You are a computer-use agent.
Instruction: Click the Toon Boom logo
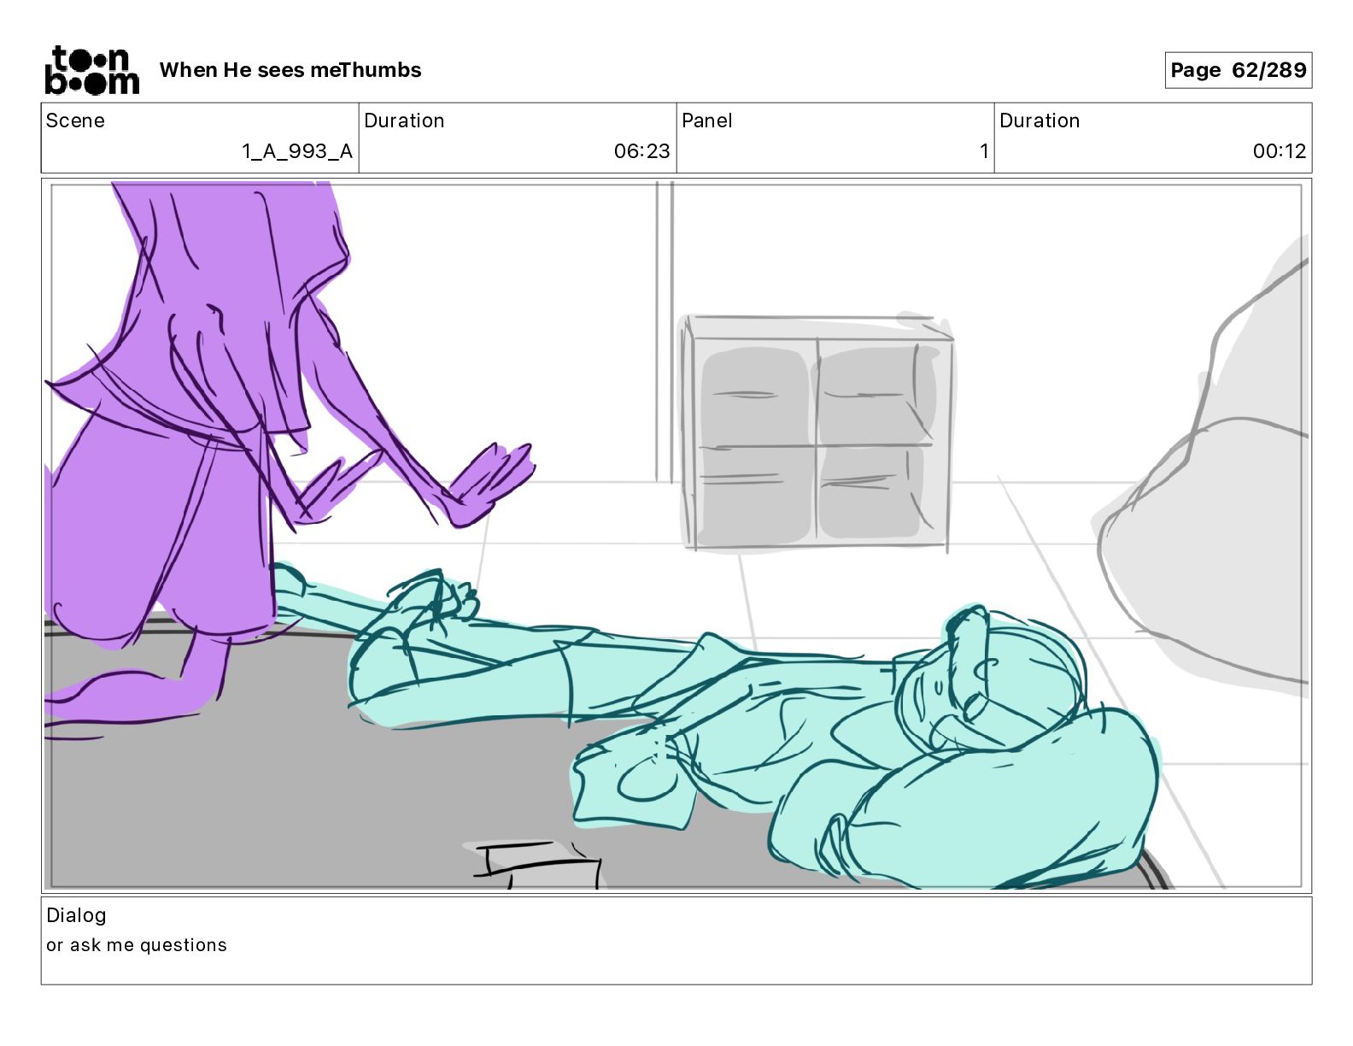tap(92, 70)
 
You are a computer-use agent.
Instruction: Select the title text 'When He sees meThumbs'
tap(290, 70)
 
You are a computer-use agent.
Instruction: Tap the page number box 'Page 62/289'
tap(1238, 70)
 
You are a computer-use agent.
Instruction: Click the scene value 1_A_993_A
tap(297, 151)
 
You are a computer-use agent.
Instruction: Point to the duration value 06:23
tap(641, 151)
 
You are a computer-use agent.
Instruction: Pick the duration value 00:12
tap(1279, 151)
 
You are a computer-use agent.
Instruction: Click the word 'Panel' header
tap(706, 120)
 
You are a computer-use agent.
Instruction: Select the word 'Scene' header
tap(75, 120)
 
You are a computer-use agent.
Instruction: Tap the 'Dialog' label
tap(76, 915)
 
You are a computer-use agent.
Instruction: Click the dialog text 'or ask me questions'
tap(137, 945)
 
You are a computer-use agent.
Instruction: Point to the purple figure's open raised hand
tap(492, 483)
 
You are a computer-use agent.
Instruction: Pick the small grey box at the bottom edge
tap(536, 865)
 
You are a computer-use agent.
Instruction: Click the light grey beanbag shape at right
tap(1208, 498)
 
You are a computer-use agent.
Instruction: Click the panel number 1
tap(984, 151)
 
